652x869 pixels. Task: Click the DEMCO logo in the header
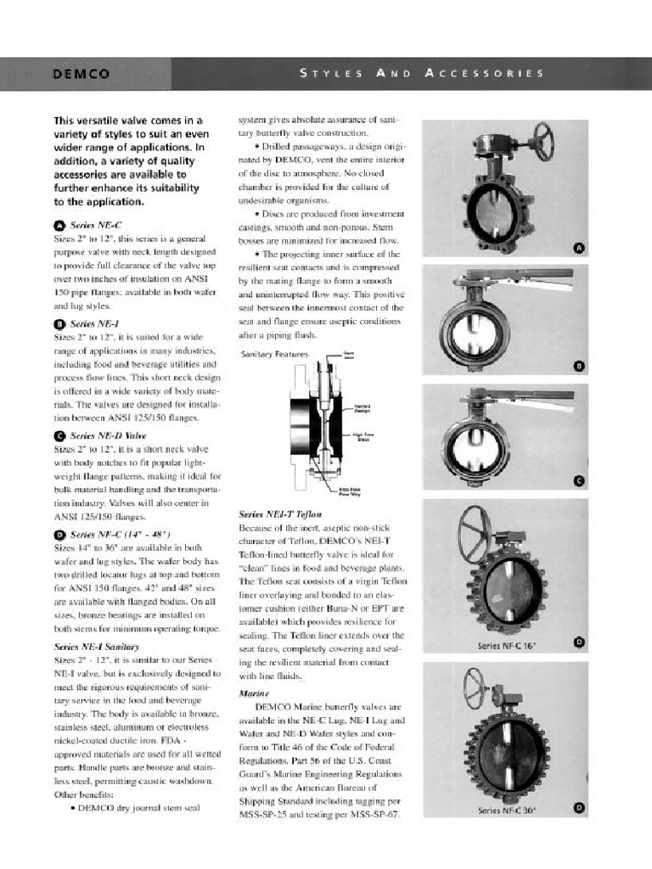pyautogui.click(x=81, y=74)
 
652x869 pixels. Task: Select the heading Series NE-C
pyautogui.click(x=93, y=225)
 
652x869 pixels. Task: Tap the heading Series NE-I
pyautogui.click(x=93, y=323)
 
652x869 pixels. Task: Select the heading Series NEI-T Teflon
pyautogui.click(x=280, y=514)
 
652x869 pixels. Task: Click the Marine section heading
pyautogui.click(x=254, y=692)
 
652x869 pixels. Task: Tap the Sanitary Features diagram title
pyautogui.click(x=275, y=353)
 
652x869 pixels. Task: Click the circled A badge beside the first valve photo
pyautogui.click(x=580, y=248)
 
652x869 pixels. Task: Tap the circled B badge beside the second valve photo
pyautogui.click(x=580, y=366)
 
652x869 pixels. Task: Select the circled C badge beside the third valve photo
pyautogui.click(x=580, y=481)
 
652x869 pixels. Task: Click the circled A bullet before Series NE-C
pyautogui.click(x=59, y=226)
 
